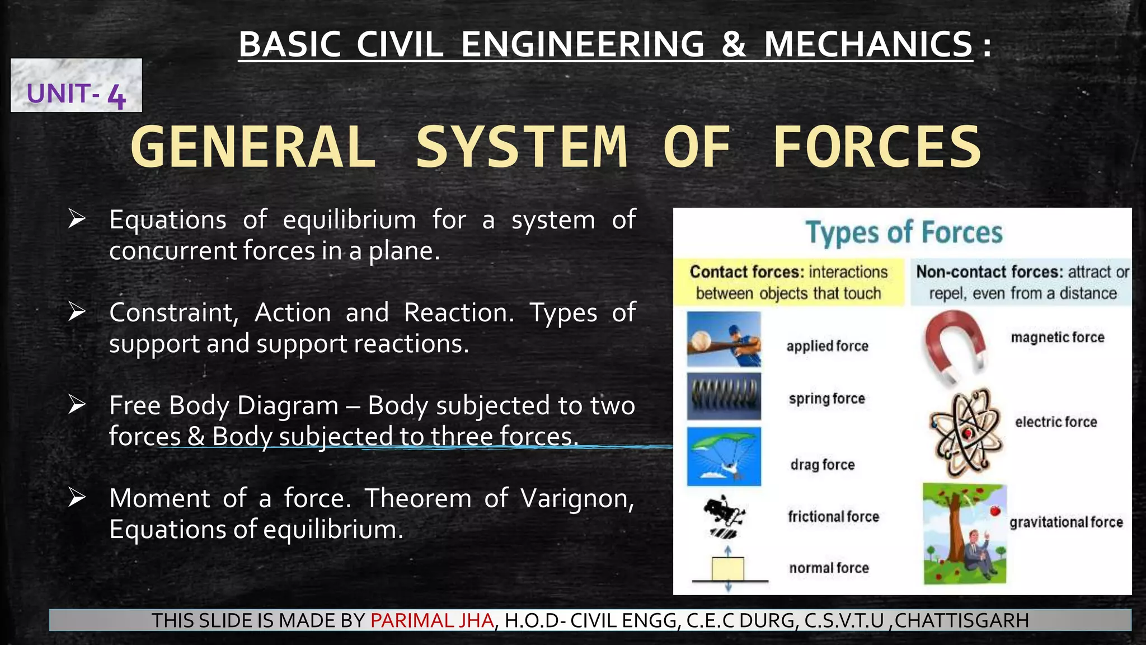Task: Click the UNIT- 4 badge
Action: pyautogui.click(x=76, y=86)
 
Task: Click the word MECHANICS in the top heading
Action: pyautogui.click(x=868, y=44)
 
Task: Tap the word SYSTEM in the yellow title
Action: pyautogui.click(x=522, y=147)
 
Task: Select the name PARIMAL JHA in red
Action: pyautogui.click(x=432, y=620)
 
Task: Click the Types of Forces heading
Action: pyautogui.click(x=904, y=232)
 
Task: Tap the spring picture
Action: pyautogui.click(x=724, y=396)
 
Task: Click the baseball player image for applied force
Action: pyautogui.click(x=724, y=339)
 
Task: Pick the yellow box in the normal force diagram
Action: pyautogui.click(x=728, y=569)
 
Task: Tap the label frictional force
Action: pyautogui.click(x=833, y=516)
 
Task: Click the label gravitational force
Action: pyautogui.click(x=1066, y=522)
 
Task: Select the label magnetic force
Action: pyautogui.click(x=1058, y=337)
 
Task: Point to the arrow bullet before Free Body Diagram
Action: pyautogui.click(x=77, y=404)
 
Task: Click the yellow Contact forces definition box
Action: pyautogui.click(x=788, y=282)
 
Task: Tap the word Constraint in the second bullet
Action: pyautogui.click(x=173, y=312)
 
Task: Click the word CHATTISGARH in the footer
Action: pyautogui.click(x=961, y=620)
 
